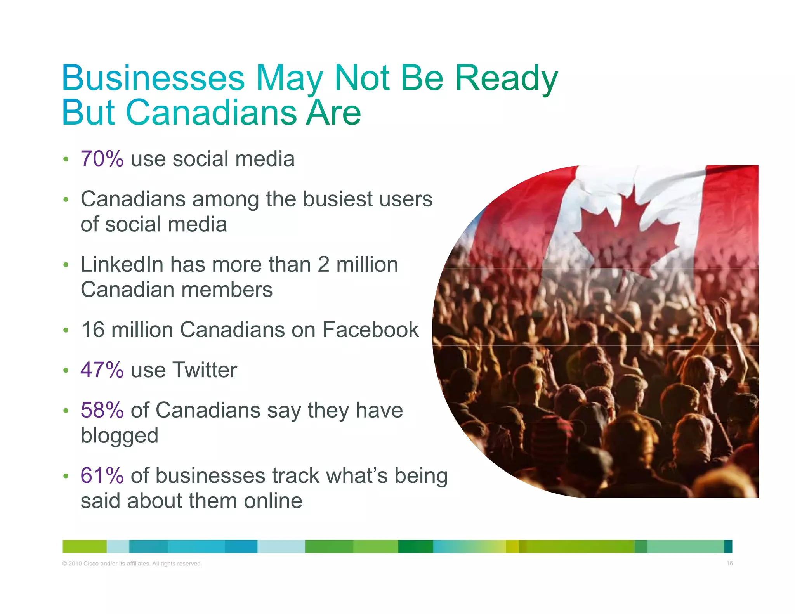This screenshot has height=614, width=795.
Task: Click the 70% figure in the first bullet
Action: click(x=102, y=159)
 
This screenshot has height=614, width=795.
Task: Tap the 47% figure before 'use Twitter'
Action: click(x=102, y=370)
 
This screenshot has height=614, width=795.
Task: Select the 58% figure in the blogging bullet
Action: click(x=102, y=410)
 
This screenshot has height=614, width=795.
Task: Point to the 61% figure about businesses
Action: click(x=102, y=476)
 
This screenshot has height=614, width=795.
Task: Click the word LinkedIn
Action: click(x=122, y=265)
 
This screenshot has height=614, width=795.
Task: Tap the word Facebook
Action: click(x=370, y=330)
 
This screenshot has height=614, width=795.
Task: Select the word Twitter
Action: click(x=205, y=370)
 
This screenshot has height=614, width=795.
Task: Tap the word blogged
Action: click(x=120, y=435)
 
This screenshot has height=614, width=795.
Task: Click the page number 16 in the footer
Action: click(x=729, y=563)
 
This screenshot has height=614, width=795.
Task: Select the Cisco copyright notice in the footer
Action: click(x=132, y=564)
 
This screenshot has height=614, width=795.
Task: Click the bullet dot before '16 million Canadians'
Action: click(x=66, y=330)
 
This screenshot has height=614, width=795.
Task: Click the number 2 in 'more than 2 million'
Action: click(x=323, y=265)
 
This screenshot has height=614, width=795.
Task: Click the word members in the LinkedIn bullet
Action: click(x=227, y=290)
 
